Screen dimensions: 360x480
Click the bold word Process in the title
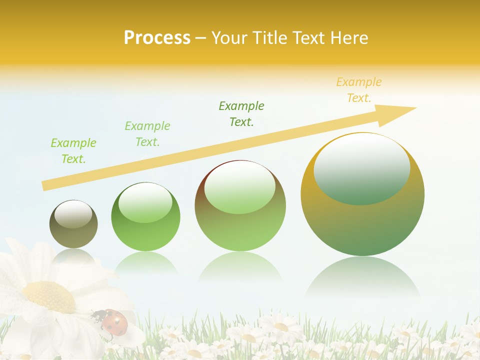point(157,37)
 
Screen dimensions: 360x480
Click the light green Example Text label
point(147,133)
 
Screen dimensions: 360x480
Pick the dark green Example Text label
point(241,113)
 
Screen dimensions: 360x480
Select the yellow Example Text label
point(358,89)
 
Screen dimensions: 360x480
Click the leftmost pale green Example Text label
point(73,150)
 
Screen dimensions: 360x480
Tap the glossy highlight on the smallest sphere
point(73,214)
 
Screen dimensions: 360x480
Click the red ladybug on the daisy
point(114,320)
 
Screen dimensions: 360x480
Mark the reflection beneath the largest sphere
point(362,280)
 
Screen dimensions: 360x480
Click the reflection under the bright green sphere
point(145,262)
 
